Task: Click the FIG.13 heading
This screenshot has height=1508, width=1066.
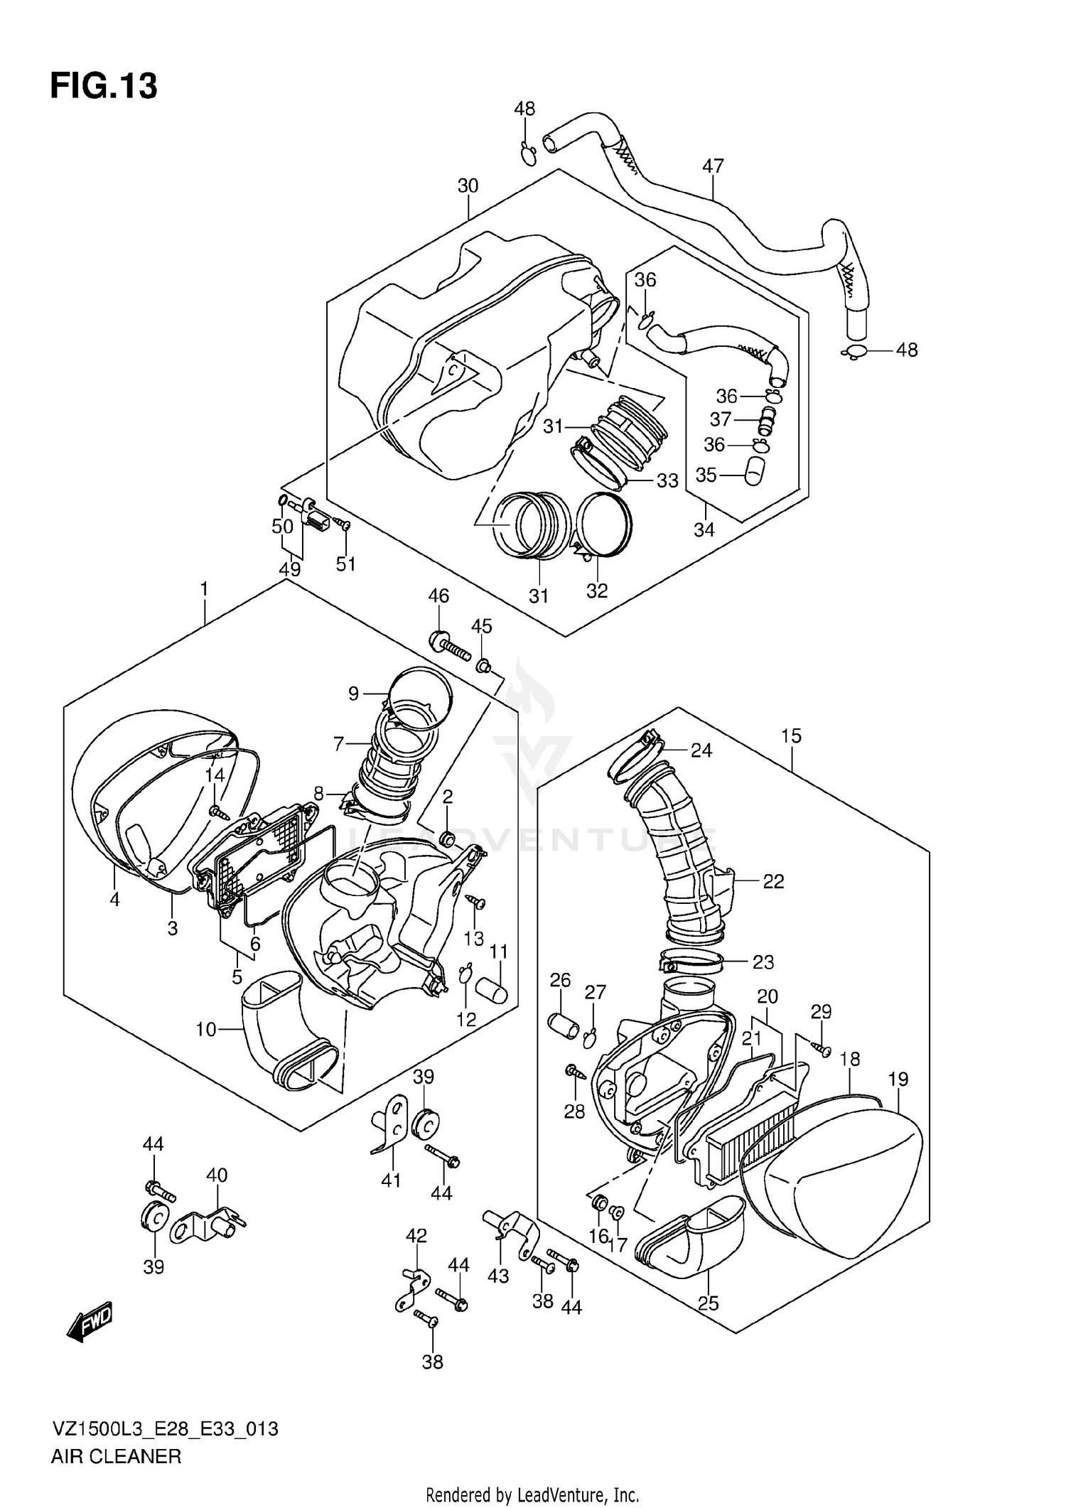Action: (104, 87)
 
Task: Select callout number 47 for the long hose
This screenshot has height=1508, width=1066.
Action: (713, 166)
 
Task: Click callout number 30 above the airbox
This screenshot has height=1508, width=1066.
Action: (468, 186)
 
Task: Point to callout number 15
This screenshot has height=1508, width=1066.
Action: (791, 736)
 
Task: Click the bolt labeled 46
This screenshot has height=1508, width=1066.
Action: (449, 645)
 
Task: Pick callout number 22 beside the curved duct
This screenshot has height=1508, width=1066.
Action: (773, 881)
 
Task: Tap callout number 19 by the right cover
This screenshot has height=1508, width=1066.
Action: (898, 1079)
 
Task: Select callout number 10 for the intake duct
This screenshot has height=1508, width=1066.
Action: (206, 1029)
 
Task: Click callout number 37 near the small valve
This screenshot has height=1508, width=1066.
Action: (721, 419)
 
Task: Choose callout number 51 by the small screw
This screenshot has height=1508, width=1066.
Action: (345, 564)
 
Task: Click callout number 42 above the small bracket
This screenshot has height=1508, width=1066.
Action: (416, 1236)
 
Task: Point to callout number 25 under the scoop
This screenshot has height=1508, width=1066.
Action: (709, 1303)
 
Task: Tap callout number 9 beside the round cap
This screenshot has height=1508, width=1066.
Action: (354, 694)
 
